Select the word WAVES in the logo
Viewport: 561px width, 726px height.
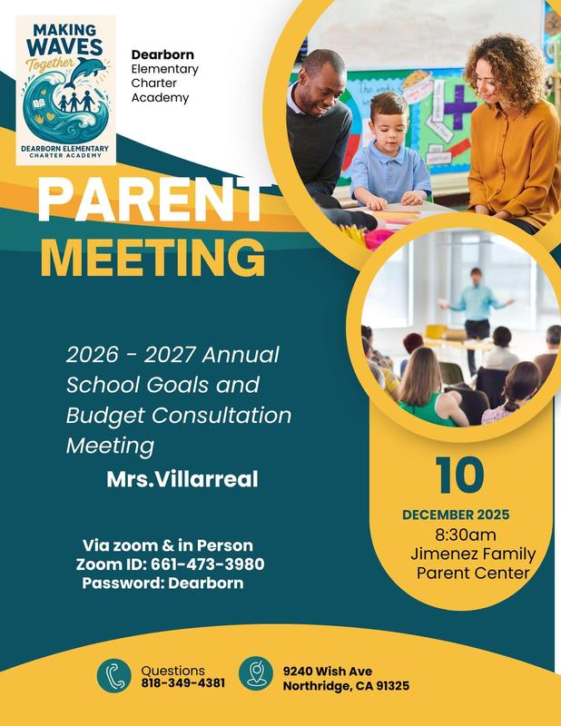66,47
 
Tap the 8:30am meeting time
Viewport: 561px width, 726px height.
466,535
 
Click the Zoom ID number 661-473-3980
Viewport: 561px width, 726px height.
208,564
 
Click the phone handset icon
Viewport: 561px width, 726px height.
115,676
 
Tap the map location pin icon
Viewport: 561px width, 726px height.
257,675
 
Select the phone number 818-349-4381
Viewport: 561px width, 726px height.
183,683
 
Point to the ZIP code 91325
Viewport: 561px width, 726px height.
390,686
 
